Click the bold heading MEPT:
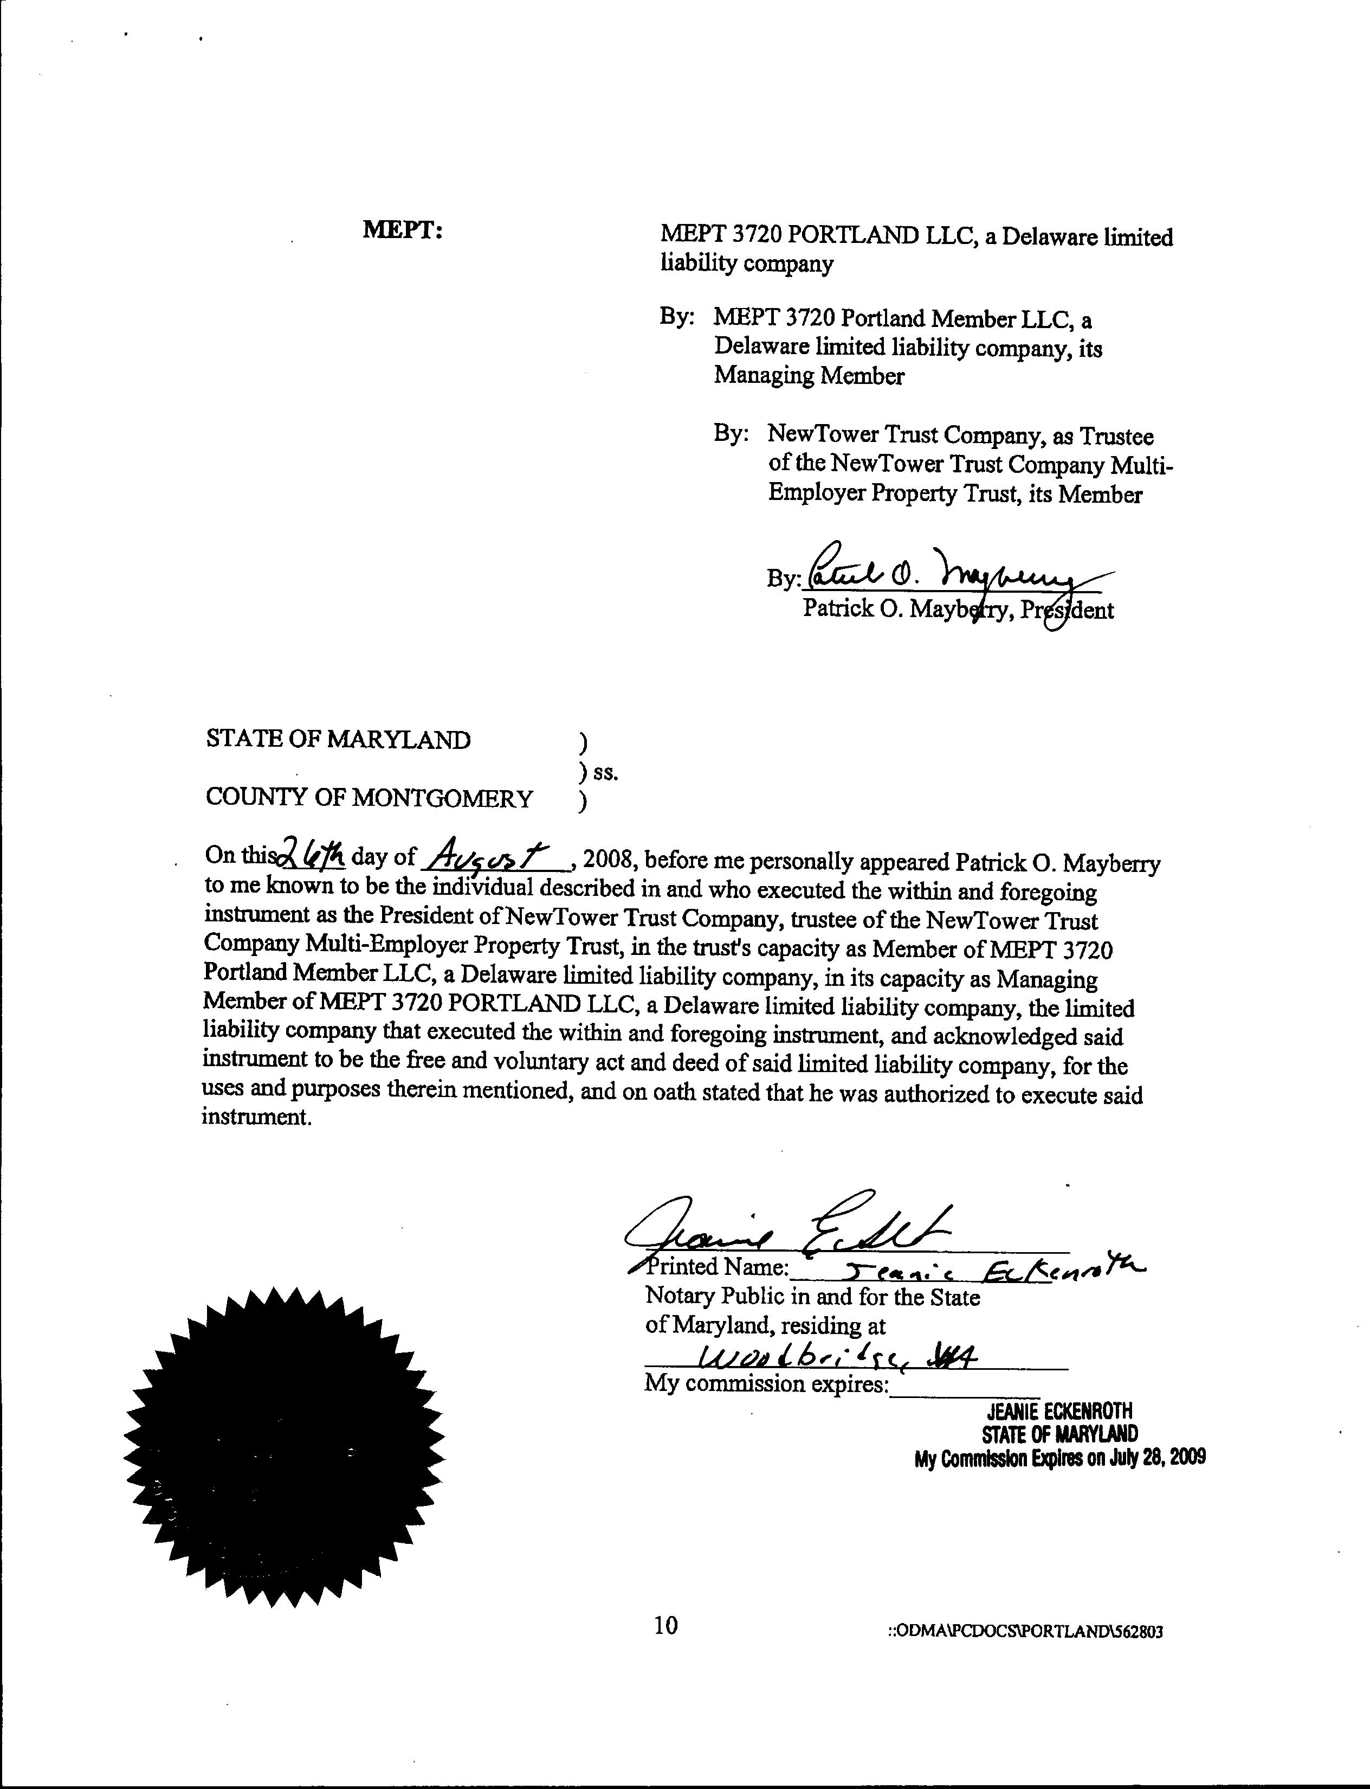pyautogui.click(x=403, y=230)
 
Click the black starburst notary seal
pyautogui.click(x=284, y=1446)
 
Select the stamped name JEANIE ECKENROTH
pyautogui.click(x=1060, y=1410)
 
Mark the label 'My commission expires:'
pyautogui.click(x=766, y=1383)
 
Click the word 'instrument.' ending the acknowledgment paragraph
pyautogui.click(x=257, y=1118)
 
